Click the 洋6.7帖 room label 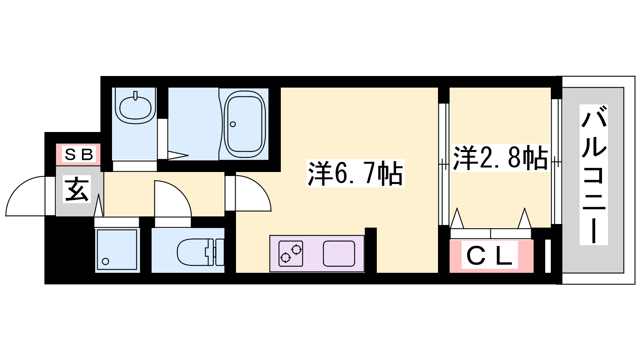355,173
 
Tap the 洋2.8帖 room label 500,158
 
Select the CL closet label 490,255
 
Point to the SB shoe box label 79,154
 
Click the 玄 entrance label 76,190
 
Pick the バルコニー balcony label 594,174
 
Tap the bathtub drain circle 233,124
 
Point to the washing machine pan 117,250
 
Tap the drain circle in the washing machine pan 106,261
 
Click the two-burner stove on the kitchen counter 291,254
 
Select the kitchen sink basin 339,254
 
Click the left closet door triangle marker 457,218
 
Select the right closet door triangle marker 524,218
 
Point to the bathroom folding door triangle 178,156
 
